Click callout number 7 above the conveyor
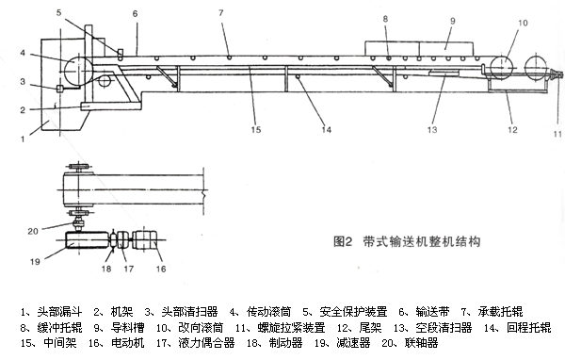[221, 13]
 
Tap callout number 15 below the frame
[256, 129]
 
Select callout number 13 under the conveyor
[432, 129]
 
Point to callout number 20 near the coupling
[33, 231]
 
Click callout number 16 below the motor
[161, 269]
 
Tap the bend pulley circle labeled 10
[503, 67]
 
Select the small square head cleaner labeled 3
[60, 89]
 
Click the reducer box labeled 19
[88, 240]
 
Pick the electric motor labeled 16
[144, 240]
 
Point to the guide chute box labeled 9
[419, 48]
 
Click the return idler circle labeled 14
[298, 76]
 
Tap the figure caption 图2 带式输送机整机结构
[407, 241]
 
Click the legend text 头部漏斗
[60, 311]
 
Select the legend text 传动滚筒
[268, 311]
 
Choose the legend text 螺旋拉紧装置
[292, 328]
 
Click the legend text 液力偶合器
[206, 342]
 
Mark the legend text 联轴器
[421, 342]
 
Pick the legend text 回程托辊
[528, 328]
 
